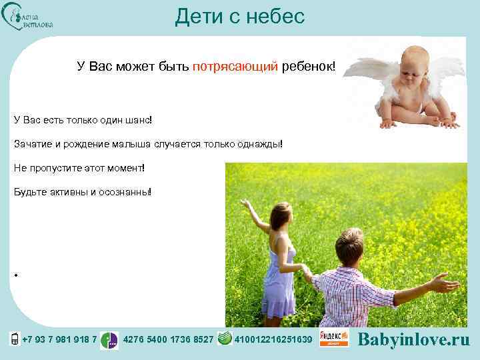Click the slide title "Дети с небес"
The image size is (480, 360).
tap(239, 16)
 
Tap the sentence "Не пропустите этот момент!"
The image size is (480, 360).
tap(79, 168)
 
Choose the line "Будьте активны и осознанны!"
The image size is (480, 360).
tap(83, 192)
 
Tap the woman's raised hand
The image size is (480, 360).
tap(245, 203)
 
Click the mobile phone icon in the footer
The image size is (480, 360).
tap(14, 339)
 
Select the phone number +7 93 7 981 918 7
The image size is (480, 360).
tap(59, 340)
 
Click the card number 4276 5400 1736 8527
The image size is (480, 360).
tap(169, 340)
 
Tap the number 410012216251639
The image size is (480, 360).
tap(273, 340)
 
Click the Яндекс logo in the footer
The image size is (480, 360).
tap(333, 338)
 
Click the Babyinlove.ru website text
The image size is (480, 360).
tap(414, 339)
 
